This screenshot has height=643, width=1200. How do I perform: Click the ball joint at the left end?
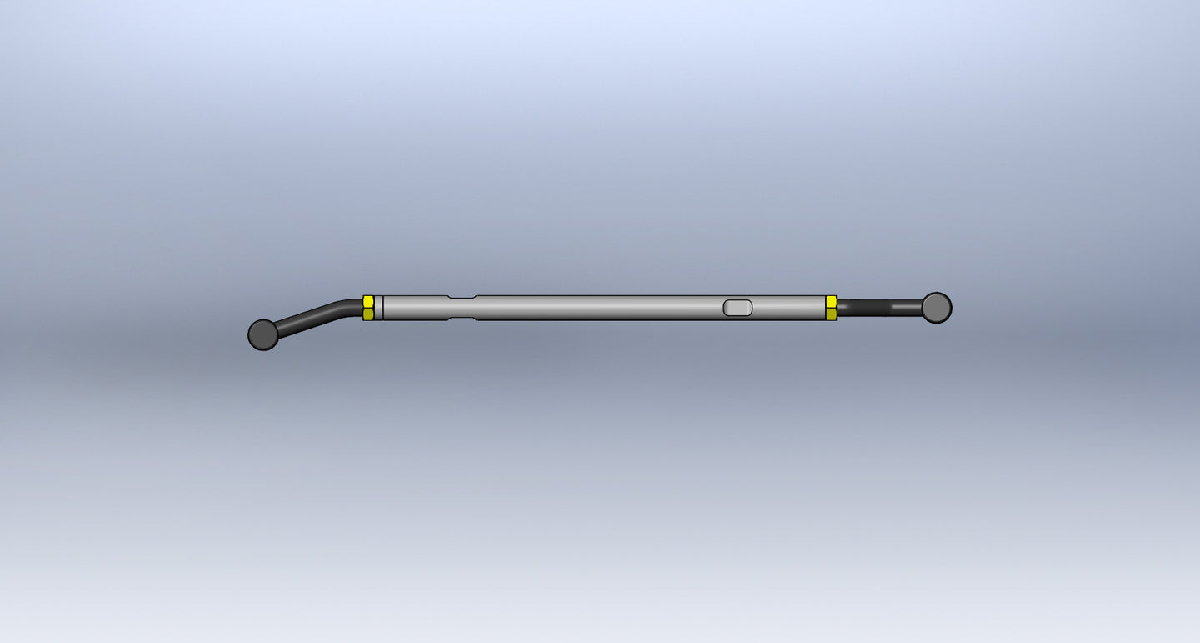coord(263,334)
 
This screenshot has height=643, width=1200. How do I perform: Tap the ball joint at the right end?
coord(937,308)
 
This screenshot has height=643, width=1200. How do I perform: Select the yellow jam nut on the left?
coord(368,308)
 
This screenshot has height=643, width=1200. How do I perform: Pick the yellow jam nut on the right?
coord(831,308)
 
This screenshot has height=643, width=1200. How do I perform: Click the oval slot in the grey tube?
coord(737,308)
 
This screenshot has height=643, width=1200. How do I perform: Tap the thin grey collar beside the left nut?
coord(378,308)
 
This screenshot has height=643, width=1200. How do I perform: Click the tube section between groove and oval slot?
coord(600,308)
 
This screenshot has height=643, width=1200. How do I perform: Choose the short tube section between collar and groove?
coord(415,308)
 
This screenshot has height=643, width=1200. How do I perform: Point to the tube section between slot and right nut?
coord(788,308)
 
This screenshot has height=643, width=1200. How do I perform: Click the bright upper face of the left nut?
coord(368,301)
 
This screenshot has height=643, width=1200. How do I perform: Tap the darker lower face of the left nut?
coord(368,314)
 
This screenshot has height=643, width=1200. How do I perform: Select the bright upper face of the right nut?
coord(831,301)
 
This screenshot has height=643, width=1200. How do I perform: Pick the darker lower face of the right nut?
coord(831,314)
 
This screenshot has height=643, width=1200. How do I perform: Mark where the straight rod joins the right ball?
coord(921,308)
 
